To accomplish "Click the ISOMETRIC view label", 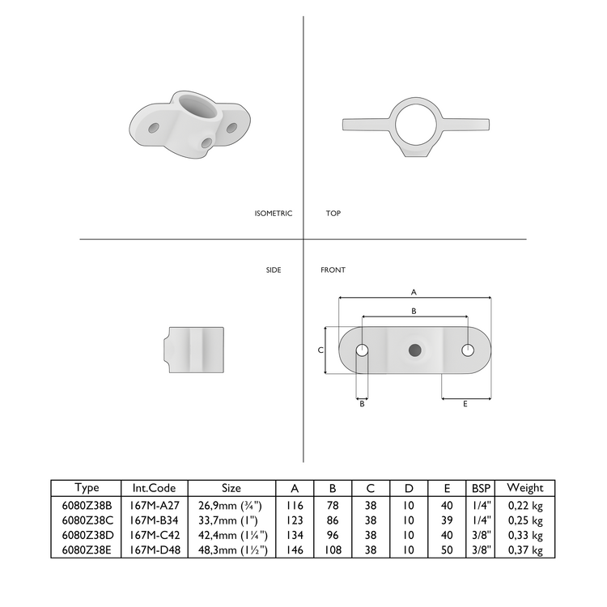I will point(273,214).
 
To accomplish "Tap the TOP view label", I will point(333,214).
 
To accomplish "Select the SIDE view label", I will point(274,270).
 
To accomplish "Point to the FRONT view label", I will point(333,270).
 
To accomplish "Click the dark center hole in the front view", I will point(415,350).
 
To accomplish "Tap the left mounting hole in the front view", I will point(362,350).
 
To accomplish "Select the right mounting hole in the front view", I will point(468,350).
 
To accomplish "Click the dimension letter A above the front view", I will point(414,291).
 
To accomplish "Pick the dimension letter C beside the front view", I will point(320,350).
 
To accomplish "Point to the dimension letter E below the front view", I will point(465,404).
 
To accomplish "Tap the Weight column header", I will point(524,488).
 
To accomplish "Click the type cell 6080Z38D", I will point(87,535).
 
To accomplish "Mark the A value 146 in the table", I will point(290,550).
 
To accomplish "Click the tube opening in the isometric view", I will point(194,106).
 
